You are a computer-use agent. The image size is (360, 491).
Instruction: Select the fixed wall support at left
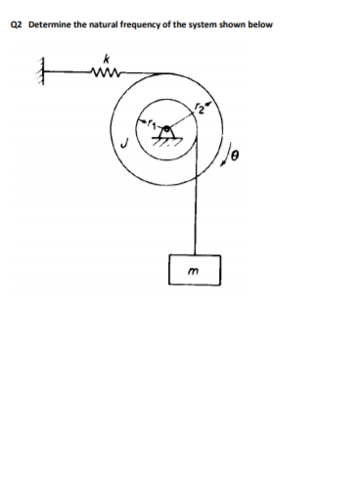[x=43, y=71]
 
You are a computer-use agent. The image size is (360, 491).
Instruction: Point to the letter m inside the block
[x=194, y=270]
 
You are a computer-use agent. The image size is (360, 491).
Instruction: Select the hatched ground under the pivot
[x=167, y=141]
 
